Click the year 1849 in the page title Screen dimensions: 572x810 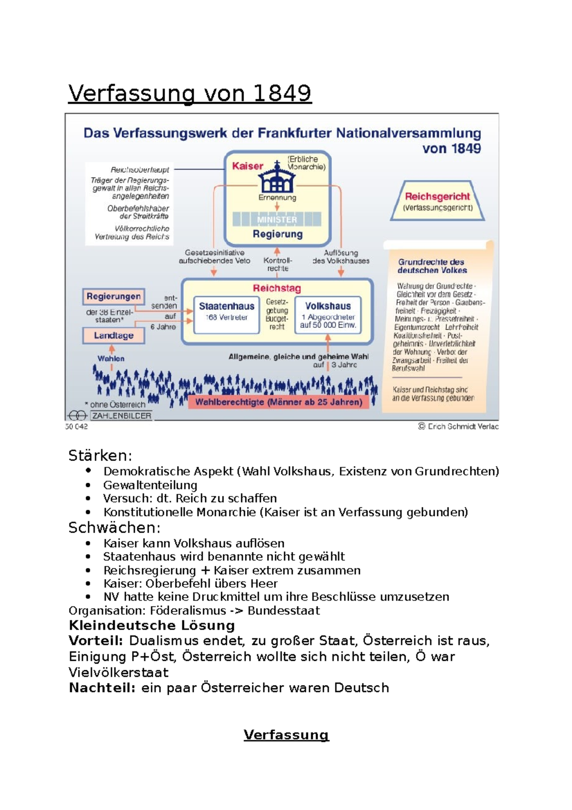[282, 93]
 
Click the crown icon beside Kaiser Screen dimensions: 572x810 [277, 178]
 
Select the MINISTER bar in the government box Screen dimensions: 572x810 [277, 219]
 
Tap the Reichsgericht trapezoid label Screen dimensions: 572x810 [437, 197]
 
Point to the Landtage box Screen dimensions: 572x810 [113, 335]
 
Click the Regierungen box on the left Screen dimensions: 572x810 [113, 296]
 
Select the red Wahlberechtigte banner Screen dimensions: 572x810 [279, 402]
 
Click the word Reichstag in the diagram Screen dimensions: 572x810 [276, 288]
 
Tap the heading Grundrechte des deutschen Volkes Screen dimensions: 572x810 [432, 266]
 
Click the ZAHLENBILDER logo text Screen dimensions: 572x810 [122, 415]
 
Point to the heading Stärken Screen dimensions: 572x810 [100, 456]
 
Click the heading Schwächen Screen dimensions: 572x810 [114, 528]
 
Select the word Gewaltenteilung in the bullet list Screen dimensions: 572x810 [150, 485]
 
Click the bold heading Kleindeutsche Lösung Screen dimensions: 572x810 [152, 625]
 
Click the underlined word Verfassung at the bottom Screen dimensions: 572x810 [286, 735]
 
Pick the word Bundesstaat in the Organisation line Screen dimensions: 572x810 [284, 611]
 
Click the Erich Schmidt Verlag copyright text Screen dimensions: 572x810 [459, 426]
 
